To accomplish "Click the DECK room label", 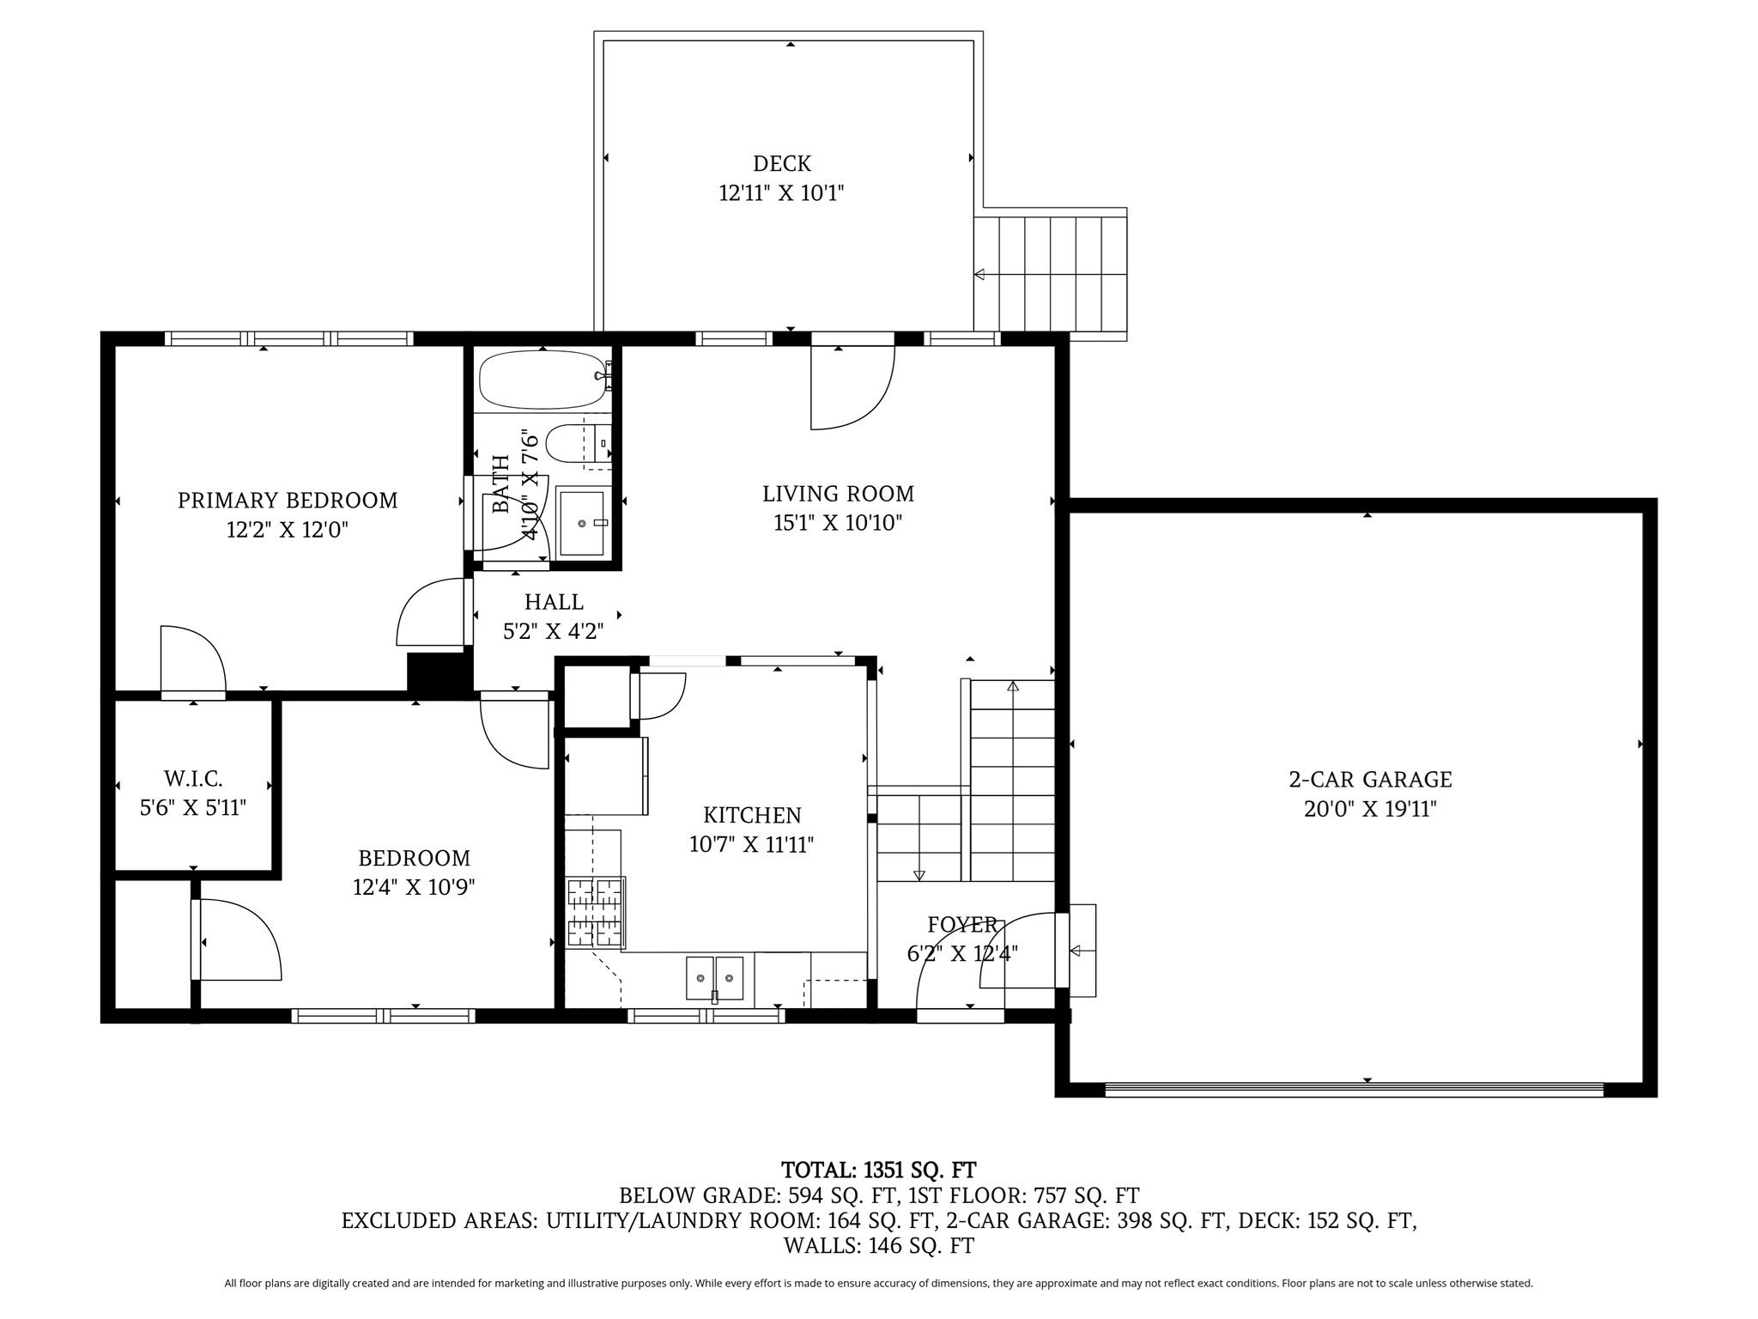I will pyautogui.click(x=781, y=163).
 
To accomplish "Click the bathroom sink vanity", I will pyautogui.click(x=581, y=522).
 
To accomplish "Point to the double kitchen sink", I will pyautogui.click(x=714, y=978).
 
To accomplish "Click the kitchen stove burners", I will pyautogui.click(x=595, y=912).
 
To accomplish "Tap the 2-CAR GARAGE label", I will pyautogui.click(x=1370, y=780).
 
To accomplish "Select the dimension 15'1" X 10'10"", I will pyautogui.click(x=837, y=523).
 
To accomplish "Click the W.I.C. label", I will pyautogui.click(x=193, y=779).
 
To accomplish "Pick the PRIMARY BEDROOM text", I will pyautogui.click(x=288, y=500).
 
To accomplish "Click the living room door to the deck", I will pyautogui.click(x=852, y=386).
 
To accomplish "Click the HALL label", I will pyautogui.click(x=554, y=602).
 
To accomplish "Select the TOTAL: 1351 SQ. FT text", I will pyautogui.click(x=878, y=1170).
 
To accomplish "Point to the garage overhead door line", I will pyautogui.click(x=1354, y=1088).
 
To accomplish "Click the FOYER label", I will pyautogui.click(x=961, y=925).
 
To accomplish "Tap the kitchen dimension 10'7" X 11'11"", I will pyautogui.click(x=751, y=844).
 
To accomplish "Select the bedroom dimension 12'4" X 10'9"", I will pyautogui.click(x=414, y=887).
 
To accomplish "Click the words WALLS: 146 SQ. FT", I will pyautogui.click(x=878, y=1245).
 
